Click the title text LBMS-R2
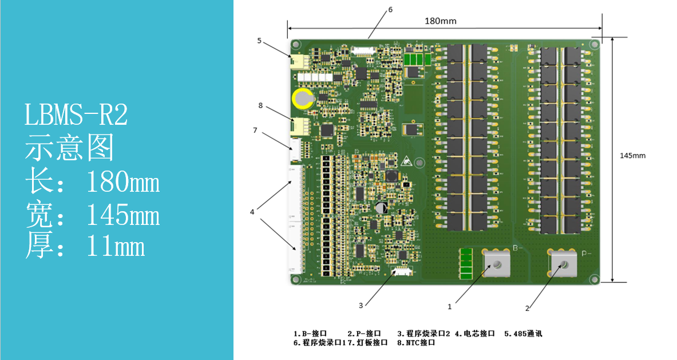click(76, 115)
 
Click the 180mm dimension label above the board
click(441, 21)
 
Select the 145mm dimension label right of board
click(632, 156)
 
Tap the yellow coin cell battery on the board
click(303, 99)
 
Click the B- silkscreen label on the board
click(518, 248)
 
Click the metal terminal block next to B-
click(497, 263)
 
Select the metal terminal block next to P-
click(563, 263)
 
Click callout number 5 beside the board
click(259, 41)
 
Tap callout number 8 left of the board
click(260, 105)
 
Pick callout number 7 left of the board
click(255, 130)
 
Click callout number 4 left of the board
click(252, 212)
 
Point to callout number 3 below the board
click(361, 305)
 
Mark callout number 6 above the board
click(390, 10)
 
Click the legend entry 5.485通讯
click(523, 333)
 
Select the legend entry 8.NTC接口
click(416, 343)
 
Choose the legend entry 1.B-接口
click(310, 333)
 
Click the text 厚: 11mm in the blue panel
click(85, 245)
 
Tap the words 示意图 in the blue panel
click(69, 147)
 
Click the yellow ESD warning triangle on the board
click(406, 161)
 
